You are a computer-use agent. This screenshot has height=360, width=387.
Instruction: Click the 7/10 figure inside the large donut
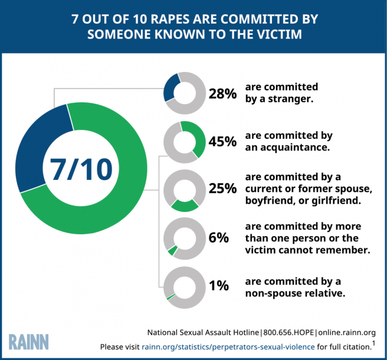77,168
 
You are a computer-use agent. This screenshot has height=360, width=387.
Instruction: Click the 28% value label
222,93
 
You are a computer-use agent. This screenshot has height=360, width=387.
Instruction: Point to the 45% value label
222,142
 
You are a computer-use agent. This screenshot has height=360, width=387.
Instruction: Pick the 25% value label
222,189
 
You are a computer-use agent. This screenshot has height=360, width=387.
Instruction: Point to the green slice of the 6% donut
172,251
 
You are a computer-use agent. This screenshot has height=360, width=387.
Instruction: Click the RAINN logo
29,341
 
